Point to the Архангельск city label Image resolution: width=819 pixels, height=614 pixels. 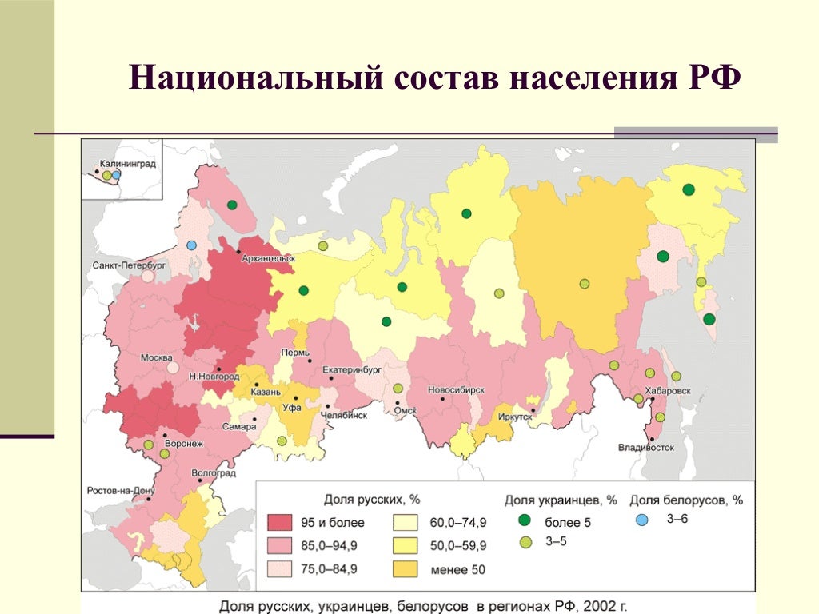coord(268,258)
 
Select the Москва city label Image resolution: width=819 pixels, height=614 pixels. coord(156,357)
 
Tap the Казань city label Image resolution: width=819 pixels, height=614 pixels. coord(265,392)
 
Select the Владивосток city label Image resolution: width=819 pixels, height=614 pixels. coord(647,448)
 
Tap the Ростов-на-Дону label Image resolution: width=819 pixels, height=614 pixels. coord(118,491)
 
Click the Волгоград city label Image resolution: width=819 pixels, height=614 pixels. coord(214,473)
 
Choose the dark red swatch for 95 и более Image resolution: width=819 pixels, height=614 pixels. coord(280,524)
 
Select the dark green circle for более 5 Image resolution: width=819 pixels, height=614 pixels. coord(526,523)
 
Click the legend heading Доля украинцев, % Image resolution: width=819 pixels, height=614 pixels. coord(560,500)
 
